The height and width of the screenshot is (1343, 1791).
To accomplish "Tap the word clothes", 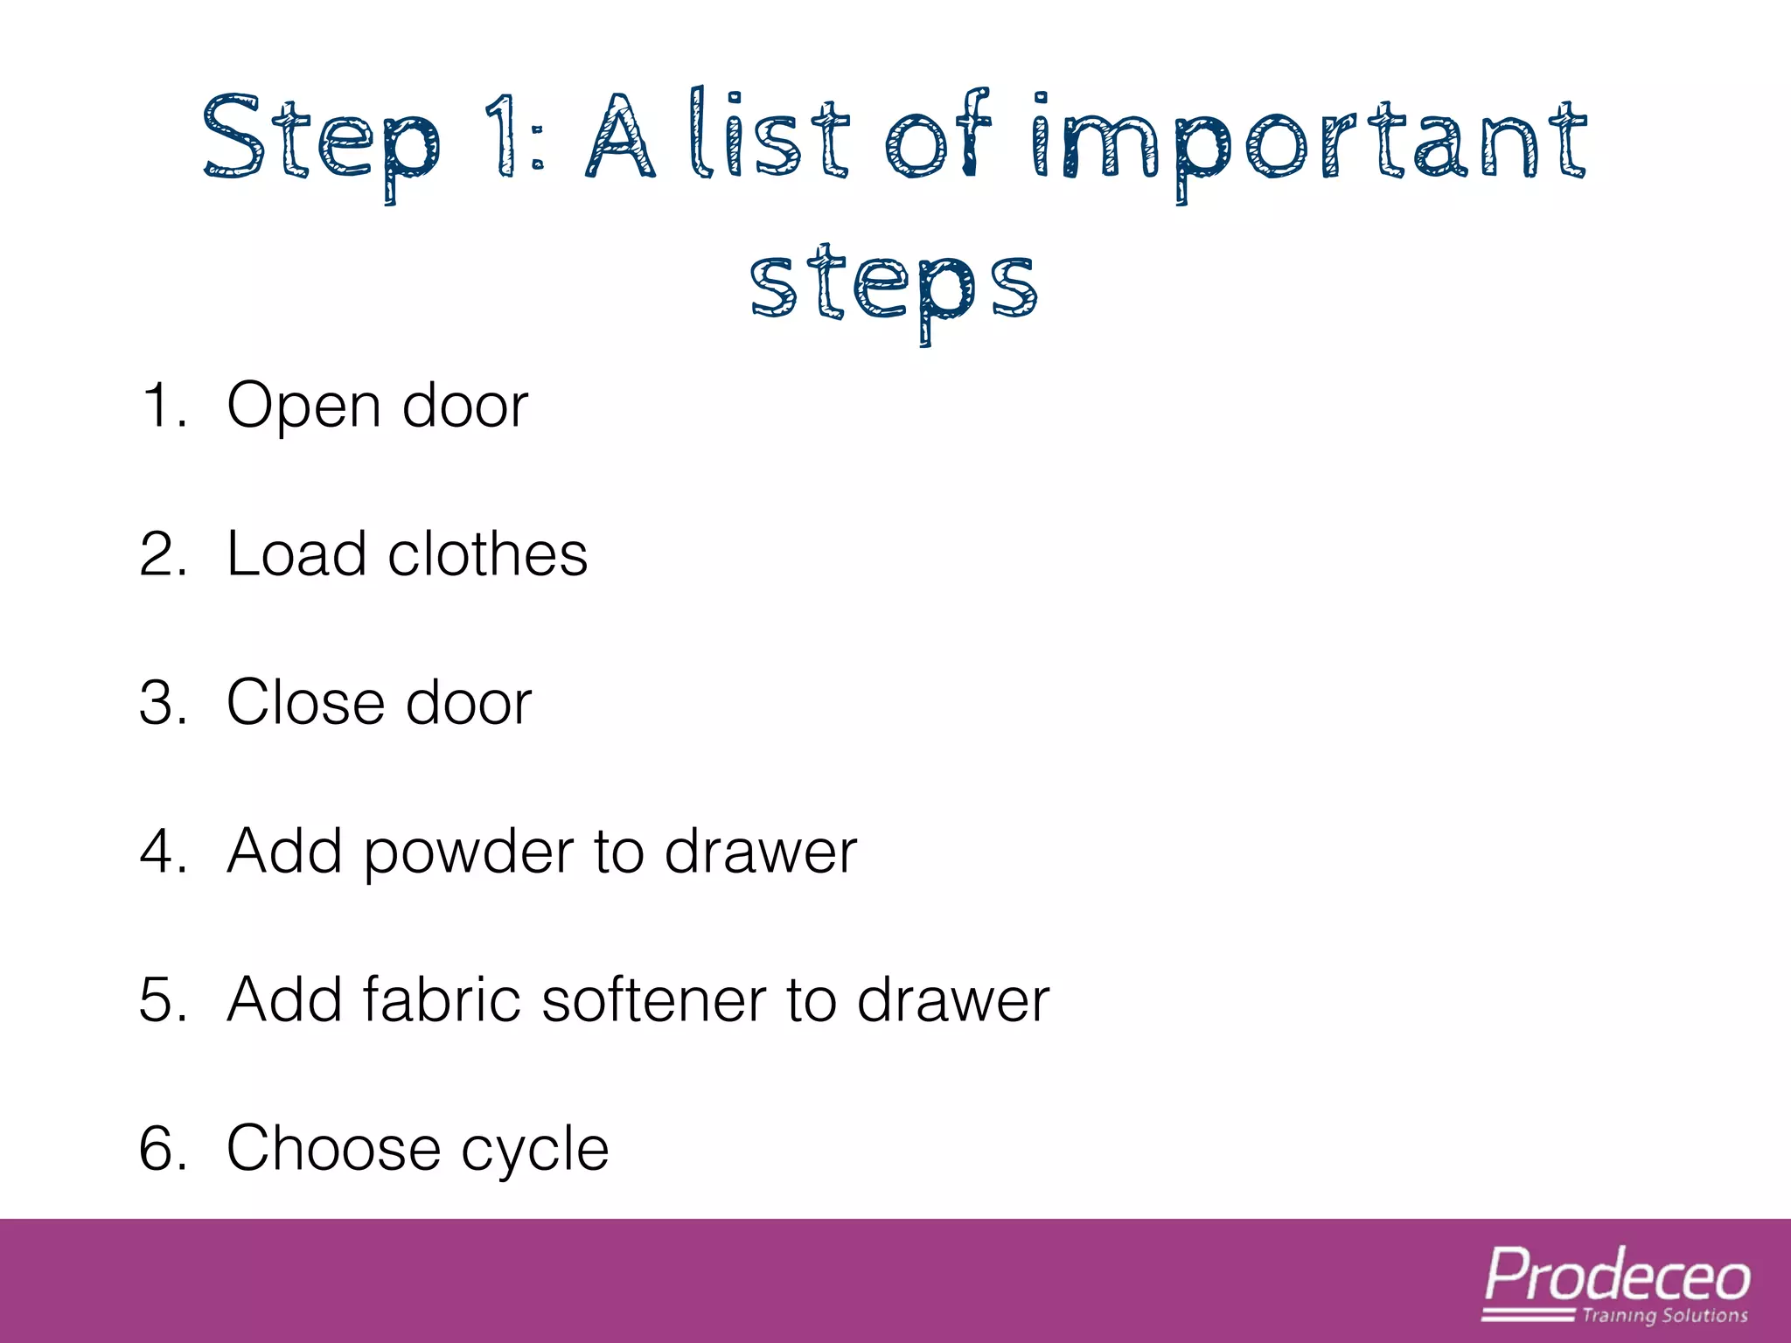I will click(x=487, y=554).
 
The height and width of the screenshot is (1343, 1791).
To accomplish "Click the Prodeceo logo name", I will click(x=1617, y=1277).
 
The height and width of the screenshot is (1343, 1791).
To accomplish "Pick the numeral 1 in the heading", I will click(x=501, y=136).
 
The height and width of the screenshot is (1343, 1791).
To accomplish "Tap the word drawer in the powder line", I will click(x=760, y=852).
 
